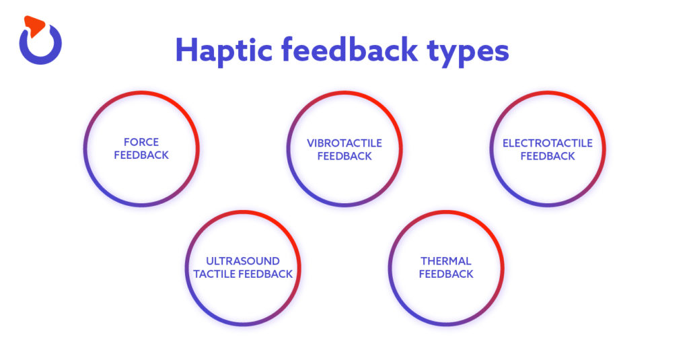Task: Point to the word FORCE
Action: [141, 142]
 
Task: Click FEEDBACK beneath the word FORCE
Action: [141, 155]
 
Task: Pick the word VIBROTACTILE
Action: [344, 143]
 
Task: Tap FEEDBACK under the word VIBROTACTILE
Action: [344, 155]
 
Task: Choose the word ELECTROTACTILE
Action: [548, 143]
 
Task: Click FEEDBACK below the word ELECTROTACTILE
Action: [548, 155]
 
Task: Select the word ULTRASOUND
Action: [242, 261]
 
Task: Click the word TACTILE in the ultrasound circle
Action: [215, 274]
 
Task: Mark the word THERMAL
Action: [446, 261]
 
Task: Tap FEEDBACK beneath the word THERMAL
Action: [446, 274]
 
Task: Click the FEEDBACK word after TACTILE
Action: [266, 274]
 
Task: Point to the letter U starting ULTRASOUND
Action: [209, 261]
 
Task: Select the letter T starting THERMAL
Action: [424, 261]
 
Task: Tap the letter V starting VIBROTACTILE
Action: [310, 143]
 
